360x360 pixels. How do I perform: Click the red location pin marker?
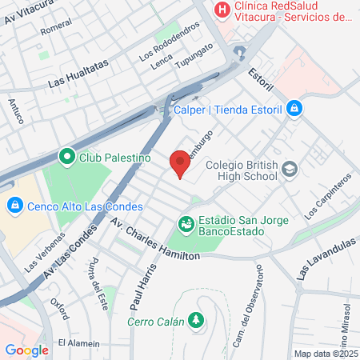(180, 162)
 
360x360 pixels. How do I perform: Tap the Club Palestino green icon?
(66, 157)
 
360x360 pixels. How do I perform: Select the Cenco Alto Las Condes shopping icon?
(14, 206)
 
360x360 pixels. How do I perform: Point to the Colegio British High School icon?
(290, 169)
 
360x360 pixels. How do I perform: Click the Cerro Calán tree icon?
(194, 321)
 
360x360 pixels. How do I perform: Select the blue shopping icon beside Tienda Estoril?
(294, 107)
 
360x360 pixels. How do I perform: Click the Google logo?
(26, 350)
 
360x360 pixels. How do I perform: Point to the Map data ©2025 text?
(326, 353)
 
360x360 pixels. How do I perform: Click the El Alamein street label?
(78, 342)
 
